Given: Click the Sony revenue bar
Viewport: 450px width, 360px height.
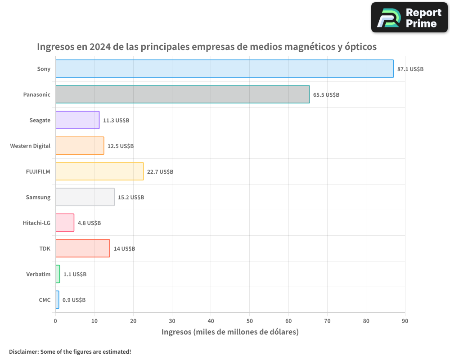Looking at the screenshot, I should coord(224,69).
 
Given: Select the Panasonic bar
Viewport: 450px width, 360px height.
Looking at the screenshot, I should coord(182,94).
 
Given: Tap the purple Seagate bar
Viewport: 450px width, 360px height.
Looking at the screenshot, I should coord(77,120).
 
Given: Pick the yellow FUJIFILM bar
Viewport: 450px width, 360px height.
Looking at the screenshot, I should coord(99,171).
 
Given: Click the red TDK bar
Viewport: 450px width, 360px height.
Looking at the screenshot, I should coord(82,248).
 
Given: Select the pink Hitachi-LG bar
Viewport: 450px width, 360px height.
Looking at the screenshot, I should coord(65,223).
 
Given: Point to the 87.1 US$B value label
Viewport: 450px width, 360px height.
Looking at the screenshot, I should coord(410,69).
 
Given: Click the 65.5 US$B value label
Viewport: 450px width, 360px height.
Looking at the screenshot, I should coord(326,95).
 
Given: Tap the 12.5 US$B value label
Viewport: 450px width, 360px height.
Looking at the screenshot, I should coord(121,146).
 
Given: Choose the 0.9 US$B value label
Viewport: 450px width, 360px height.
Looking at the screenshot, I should coord(74,300).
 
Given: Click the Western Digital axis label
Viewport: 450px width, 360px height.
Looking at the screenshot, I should coord(30,146).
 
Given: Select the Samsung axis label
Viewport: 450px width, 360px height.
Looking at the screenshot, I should coord(38,197).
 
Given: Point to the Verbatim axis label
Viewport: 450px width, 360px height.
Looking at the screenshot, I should coord(38,274).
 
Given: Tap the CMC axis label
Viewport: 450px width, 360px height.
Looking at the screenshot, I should coord(45,300).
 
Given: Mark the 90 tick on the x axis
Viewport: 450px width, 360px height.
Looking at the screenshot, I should coord(405,321).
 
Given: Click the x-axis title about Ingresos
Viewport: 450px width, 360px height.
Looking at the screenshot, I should coord(230,332).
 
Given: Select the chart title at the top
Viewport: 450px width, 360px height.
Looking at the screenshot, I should coord(207,47).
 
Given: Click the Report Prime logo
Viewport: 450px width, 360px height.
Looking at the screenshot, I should coord(409,18).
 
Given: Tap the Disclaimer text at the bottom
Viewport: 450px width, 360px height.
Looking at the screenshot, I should coord(70,351).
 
